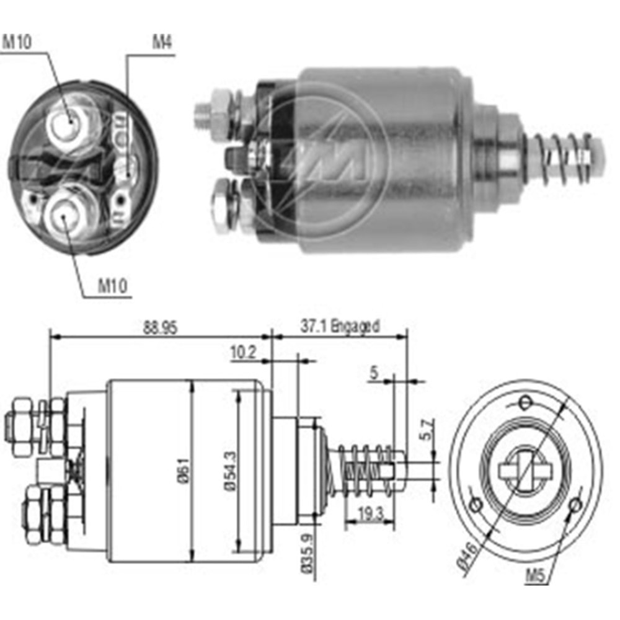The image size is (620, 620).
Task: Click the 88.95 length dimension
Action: (160, 328)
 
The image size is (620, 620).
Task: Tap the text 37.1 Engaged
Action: (340, 325)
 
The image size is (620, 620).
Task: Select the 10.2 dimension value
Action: (242, 353)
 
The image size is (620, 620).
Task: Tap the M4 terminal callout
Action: (162, 43)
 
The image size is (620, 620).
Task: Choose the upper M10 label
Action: (17, 43)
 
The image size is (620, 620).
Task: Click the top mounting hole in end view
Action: (526, 402)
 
